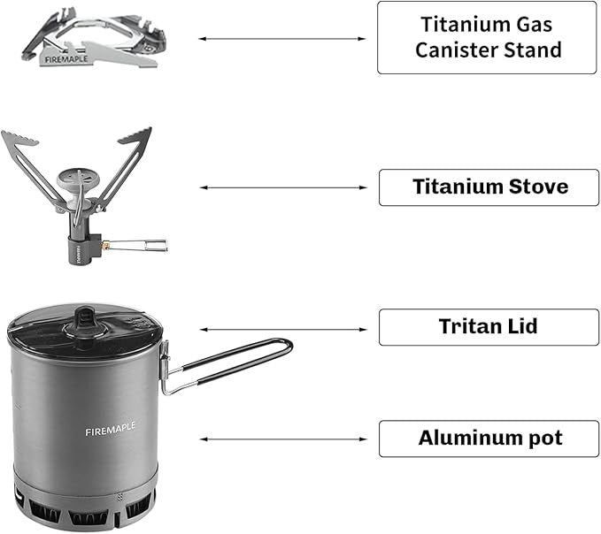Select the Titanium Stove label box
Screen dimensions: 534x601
tap(489, 187)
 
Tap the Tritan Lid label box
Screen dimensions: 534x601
tap(489, 327)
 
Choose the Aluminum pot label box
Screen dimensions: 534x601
tap(489, 439)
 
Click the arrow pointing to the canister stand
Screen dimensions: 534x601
tap(281, 39)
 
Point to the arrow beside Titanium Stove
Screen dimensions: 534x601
tap(281, 187)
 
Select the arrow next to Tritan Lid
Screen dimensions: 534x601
tap(281, 329)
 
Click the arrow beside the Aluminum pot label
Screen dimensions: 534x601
tap(281, 439)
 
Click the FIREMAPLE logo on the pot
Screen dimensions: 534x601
tap(112, 431)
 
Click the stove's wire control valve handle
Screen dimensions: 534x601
tap(141, 244)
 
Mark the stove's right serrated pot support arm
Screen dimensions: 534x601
tap(124, 164)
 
